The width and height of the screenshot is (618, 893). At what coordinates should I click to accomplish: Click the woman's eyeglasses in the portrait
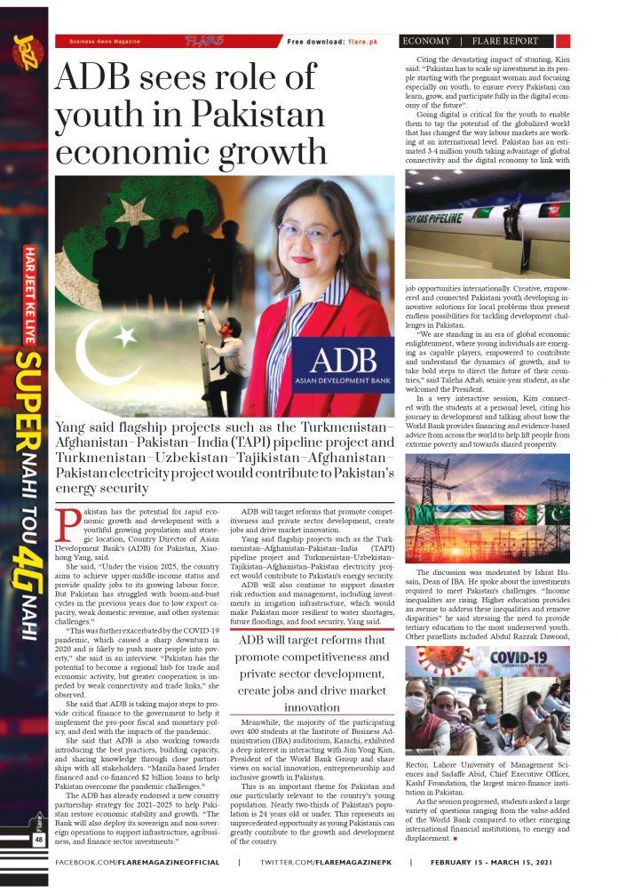click(312, 232)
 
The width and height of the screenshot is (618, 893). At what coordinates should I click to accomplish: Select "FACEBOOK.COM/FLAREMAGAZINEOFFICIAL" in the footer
click(138, 863)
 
